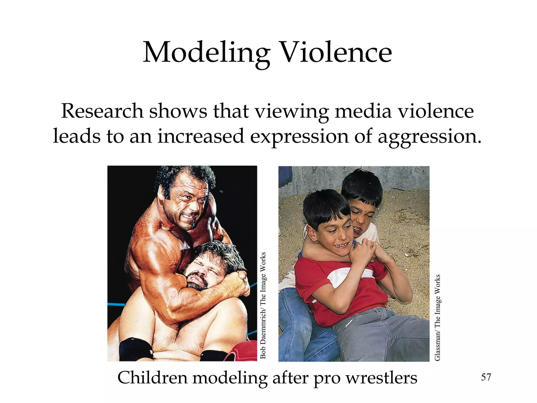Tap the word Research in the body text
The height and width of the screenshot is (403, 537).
tap(102, 111)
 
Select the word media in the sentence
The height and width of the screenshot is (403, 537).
tap(363, 111)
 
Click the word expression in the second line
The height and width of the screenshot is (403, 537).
tap(299, 137)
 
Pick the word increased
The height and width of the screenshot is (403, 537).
tap(201, 136)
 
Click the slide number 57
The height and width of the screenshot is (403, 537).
tap(486, 377)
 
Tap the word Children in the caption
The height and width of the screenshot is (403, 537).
tap(152, 378)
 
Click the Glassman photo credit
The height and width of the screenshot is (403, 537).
tap(437, 317)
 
